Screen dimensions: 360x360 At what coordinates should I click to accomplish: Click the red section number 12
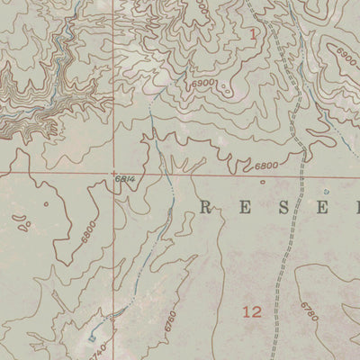point(252,312)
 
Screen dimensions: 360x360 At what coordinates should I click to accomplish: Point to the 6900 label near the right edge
point(346,55)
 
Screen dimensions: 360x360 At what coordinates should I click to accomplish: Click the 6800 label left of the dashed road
point(265,166)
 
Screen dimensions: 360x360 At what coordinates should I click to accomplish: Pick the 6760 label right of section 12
point(310,313)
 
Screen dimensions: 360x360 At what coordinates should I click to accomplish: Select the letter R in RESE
point(204,208)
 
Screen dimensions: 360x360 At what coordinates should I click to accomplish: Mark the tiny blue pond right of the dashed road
point(326,192)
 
